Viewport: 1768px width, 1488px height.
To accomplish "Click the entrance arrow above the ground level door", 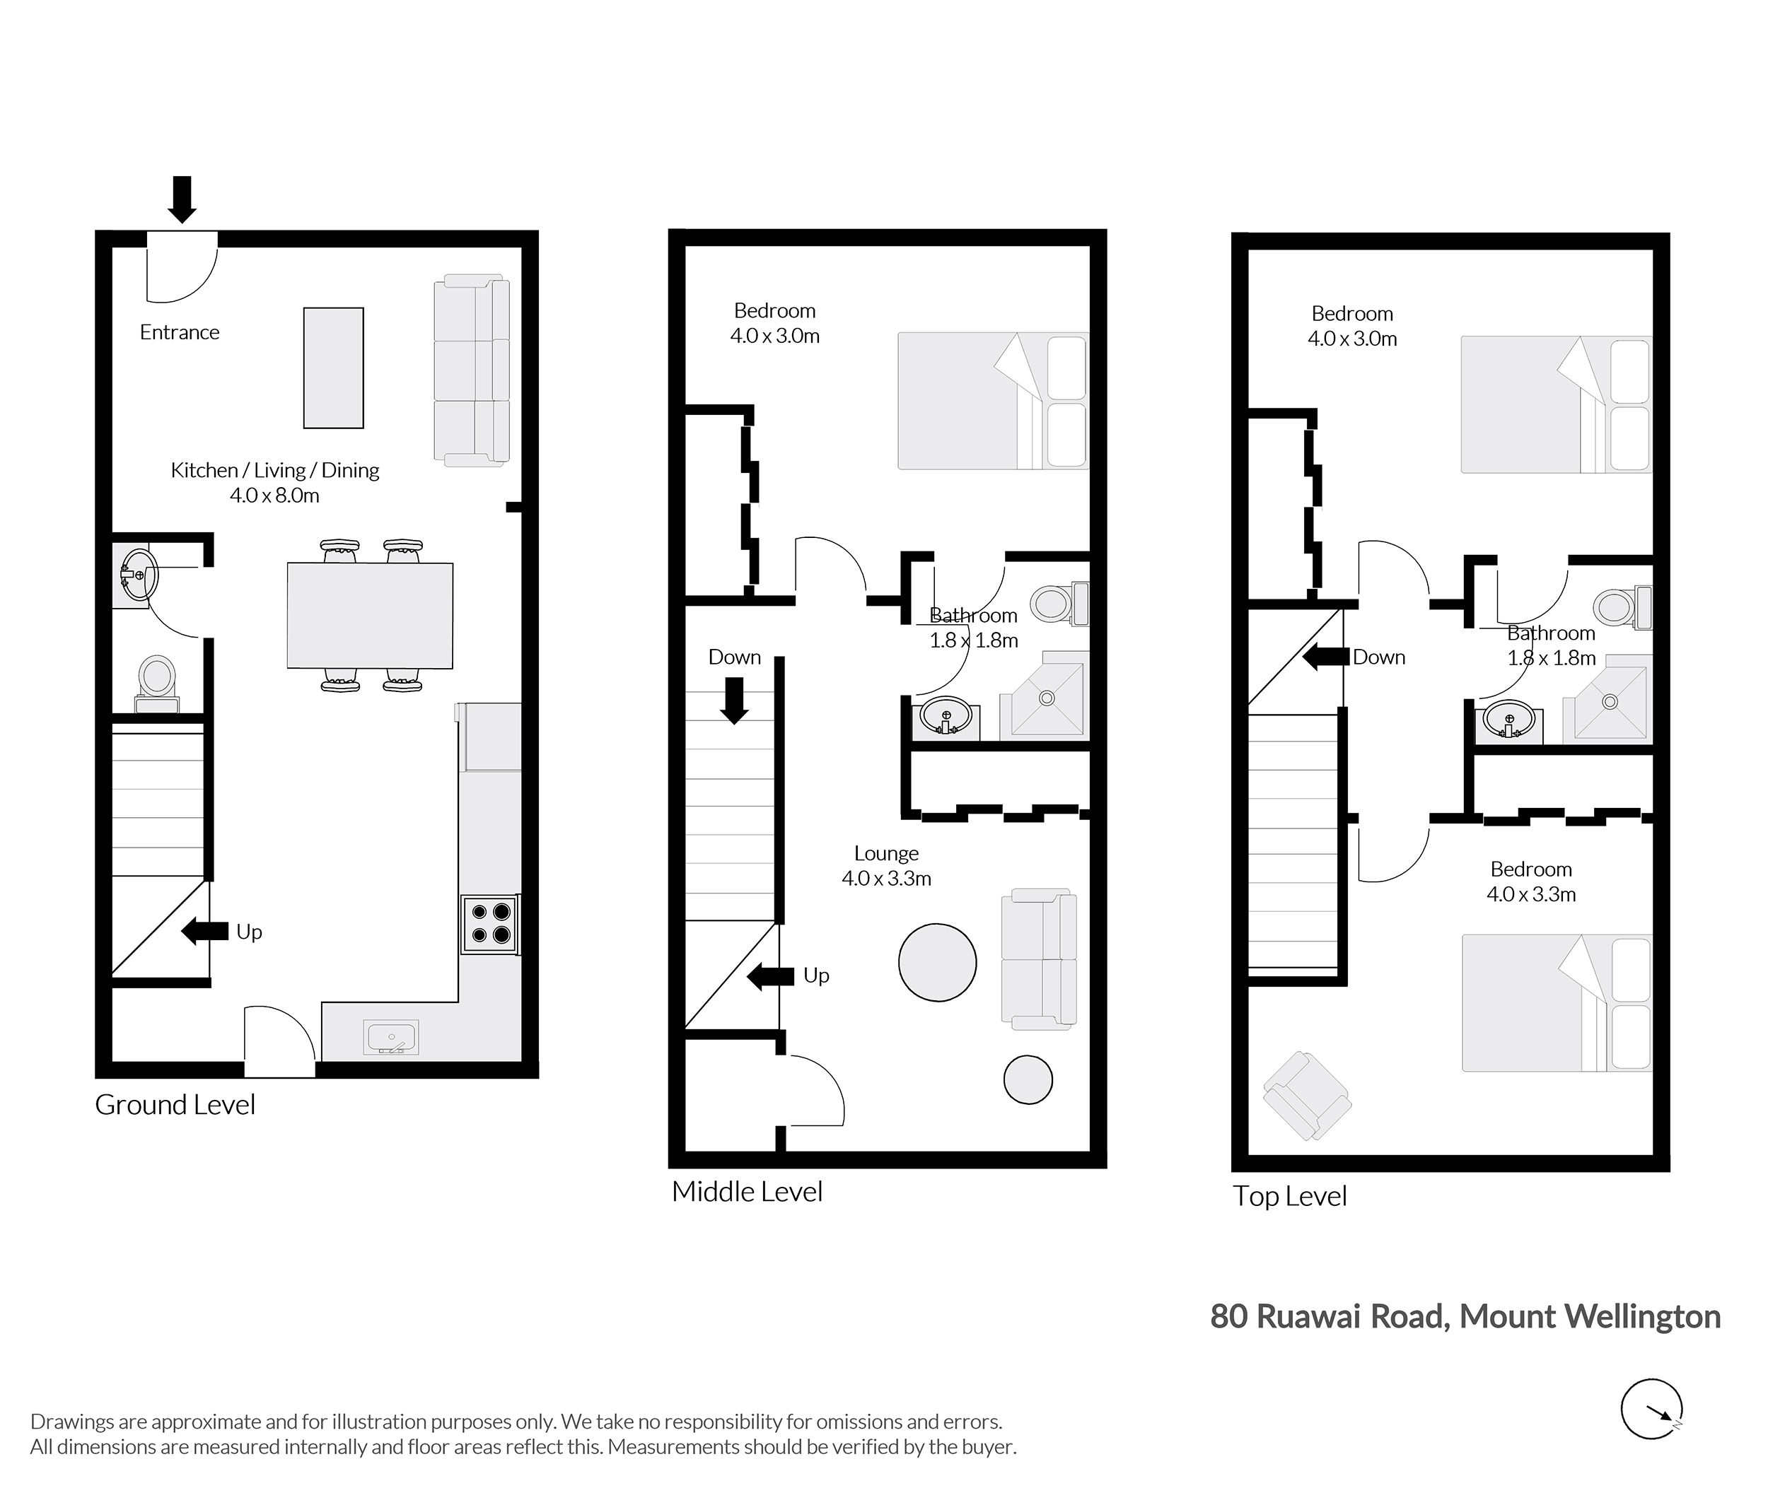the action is click(x=182, y=199).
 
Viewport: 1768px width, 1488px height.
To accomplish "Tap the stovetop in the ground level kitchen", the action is click(x=490, y=924).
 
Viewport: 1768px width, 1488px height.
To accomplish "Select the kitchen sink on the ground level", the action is click(x=391, y=1038).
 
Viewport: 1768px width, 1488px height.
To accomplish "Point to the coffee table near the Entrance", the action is click(x=333, y=368).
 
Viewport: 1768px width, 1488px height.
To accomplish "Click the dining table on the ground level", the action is click(x=370, y=616).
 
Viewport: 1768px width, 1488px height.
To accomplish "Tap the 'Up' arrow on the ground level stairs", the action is click(x=205, y=931).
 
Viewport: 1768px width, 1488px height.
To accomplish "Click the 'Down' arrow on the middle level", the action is click(x=734, y=702).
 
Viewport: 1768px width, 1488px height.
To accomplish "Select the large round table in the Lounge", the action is click(x=938, y=963).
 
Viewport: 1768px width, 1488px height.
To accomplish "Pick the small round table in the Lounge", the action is click(x=1028, y=1079).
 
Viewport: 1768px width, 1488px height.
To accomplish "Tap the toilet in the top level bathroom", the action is click(x=1623, y=607).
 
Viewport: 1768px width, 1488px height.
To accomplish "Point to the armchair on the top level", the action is click(x=1306, y=1096).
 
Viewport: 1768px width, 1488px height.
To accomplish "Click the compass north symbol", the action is click(x=1651, y=1409).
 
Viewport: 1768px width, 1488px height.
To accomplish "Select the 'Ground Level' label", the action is click(x=175, y=1104).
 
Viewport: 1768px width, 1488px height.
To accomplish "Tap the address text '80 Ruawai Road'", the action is click(x=1329, y=1317).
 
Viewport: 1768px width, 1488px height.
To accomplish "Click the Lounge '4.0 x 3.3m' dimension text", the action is click(x=886, y=878).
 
